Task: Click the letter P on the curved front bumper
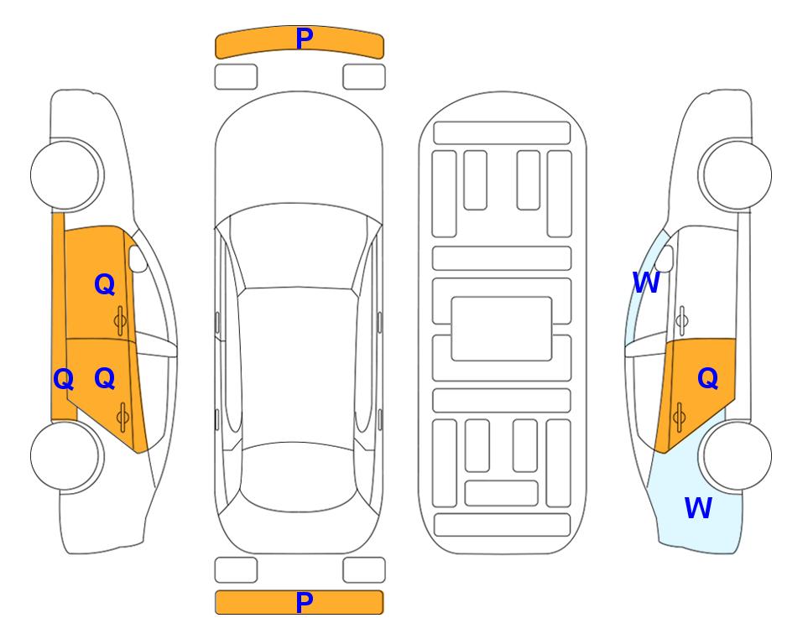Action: [x=305, y=39]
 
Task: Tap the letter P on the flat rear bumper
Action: [x=305, y=602]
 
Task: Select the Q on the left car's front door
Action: [x=105, y=284]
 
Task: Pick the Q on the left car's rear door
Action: [x=105, y=378]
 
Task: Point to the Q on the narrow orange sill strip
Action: [x=64, y=379]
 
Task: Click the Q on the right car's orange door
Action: [x=707, y=378]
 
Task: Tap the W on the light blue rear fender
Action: [x=698, y=508]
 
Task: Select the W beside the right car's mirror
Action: [x=646, y=283]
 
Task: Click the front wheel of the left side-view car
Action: [x=67, y=174]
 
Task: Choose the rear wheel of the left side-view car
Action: [x=67, y=455]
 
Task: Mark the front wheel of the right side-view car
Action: [x=735, y=174]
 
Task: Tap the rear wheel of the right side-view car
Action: [x=735, y=455]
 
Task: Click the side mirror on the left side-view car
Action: [x=138, y=258]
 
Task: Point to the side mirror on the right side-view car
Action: [x=665, y=258]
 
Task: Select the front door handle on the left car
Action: [x=120, y=321]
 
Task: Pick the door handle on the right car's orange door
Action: [x=679, y=417]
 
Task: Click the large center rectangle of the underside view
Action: [x=502, y=329]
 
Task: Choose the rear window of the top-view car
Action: [x=299, y=476]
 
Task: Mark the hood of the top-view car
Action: [x=299, y=154]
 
